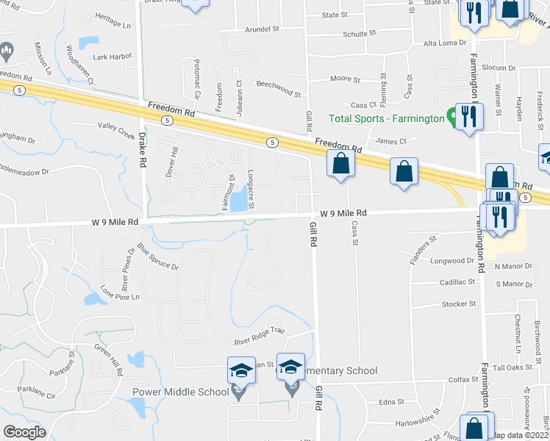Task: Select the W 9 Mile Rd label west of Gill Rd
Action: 115,221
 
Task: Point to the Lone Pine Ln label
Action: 120,292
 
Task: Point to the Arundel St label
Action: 263,30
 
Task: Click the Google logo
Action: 25,432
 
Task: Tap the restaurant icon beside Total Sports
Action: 468,115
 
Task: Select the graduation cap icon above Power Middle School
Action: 241,370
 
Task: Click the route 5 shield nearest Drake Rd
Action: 168,120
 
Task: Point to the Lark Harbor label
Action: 113,57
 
